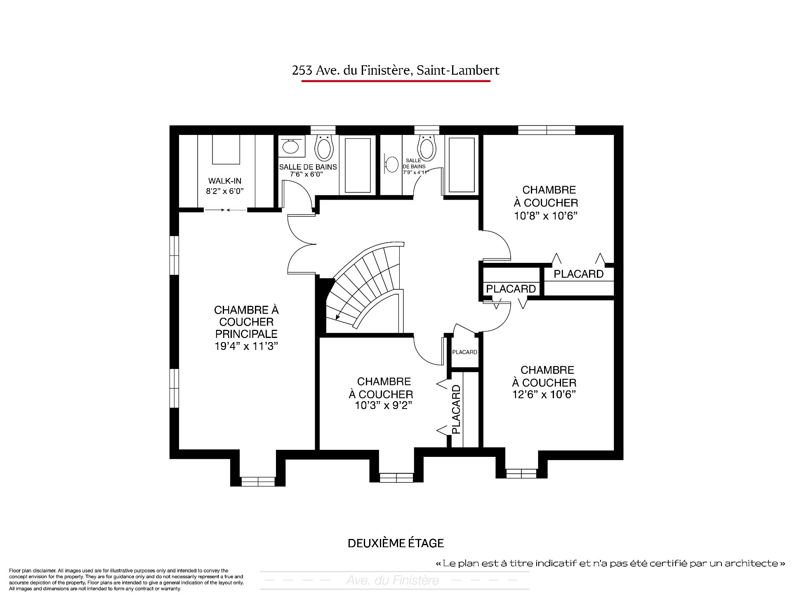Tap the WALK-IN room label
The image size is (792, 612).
(x=225, y=181)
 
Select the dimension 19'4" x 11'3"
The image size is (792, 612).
(x=246, y=346)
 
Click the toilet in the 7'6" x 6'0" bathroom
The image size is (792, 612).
(x=323, y=147)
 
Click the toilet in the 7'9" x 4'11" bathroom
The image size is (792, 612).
(x=427, y=147)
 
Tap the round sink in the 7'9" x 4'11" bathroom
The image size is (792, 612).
(x=391, y=164)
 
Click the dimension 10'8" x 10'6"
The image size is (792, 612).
(x=545, y=216)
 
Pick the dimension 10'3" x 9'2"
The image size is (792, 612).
(x=384, y=406)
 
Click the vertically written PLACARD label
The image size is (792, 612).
(x=456, y=409)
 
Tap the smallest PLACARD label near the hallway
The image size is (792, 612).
(x=465, y=352)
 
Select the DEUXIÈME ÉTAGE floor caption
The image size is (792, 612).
(x=396, y=543)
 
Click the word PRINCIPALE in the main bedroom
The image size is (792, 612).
(x=246, y=334)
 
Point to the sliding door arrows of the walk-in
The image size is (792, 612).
(x=226, y=210)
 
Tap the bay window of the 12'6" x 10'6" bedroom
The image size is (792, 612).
(x=521, y=473)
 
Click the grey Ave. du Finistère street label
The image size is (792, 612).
(x=393, y=581)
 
